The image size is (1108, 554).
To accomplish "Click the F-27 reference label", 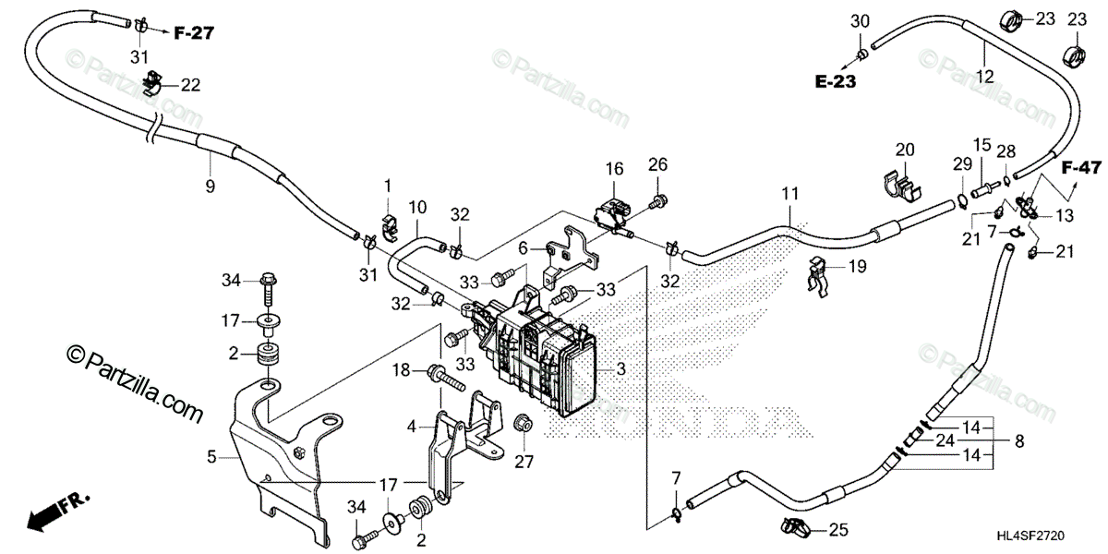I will pos(194,33).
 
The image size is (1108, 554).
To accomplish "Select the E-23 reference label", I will pos(835,81).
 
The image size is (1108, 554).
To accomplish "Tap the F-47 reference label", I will pos(1080,168).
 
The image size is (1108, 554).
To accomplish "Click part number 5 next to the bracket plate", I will pos(212,455).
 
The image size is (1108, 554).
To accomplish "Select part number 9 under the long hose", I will pos(210,187).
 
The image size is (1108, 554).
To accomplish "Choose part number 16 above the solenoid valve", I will pos(615,168).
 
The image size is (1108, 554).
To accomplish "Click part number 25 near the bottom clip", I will pos(837,530).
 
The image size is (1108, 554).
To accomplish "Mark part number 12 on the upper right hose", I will pos(985,77).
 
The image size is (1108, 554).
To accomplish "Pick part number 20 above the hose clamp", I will pos(905,150).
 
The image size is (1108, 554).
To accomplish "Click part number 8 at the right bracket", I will pos(1019,442).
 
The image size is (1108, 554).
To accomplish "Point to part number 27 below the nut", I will pos(524,462).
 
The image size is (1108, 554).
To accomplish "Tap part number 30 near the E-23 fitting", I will pos(860,21).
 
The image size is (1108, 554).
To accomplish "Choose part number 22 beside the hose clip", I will pos(190,85).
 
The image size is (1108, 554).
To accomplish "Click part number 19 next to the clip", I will pos(857,266).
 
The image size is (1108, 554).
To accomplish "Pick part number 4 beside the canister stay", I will pos(413,427).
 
